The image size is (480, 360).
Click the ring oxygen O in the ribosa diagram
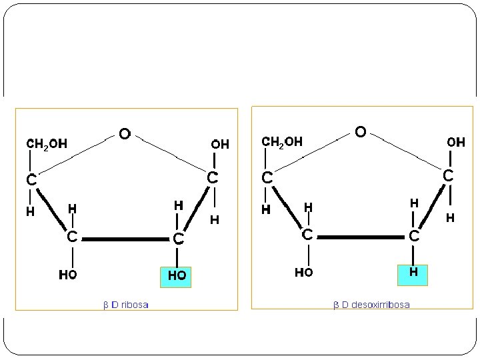[x=124, y=134]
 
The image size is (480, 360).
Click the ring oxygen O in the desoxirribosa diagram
[x=360, y=132]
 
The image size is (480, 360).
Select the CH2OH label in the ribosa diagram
[x=46, y=143]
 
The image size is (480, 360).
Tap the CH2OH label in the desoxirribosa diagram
[x=282, y=142]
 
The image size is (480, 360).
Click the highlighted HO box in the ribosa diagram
[x=176, y=276]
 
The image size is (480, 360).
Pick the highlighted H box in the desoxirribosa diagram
[x=413, y=273]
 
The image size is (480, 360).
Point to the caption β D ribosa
[x=126, y=305]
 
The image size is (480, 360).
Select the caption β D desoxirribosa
[x=371, y=305]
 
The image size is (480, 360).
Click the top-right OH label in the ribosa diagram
[x=220, y=143]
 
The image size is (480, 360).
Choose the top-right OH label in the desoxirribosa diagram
[x=456, y=142]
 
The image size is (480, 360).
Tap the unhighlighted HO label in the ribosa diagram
[x=67, y=275]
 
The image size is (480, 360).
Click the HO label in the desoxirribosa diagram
[x=304, y=272]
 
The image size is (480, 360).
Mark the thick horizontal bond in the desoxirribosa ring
[x=360, y=235]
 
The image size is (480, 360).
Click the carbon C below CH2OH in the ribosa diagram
[x=31, y=179]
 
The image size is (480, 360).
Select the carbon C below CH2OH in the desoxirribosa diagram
[x=267, y=178]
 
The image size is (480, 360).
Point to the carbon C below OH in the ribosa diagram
[x=212, y=178]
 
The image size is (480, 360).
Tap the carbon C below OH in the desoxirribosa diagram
[x=449, y=175]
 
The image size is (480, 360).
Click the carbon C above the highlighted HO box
[x=177, y=239]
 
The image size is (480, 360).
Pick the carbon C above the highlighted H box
[x=414, y=236]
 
